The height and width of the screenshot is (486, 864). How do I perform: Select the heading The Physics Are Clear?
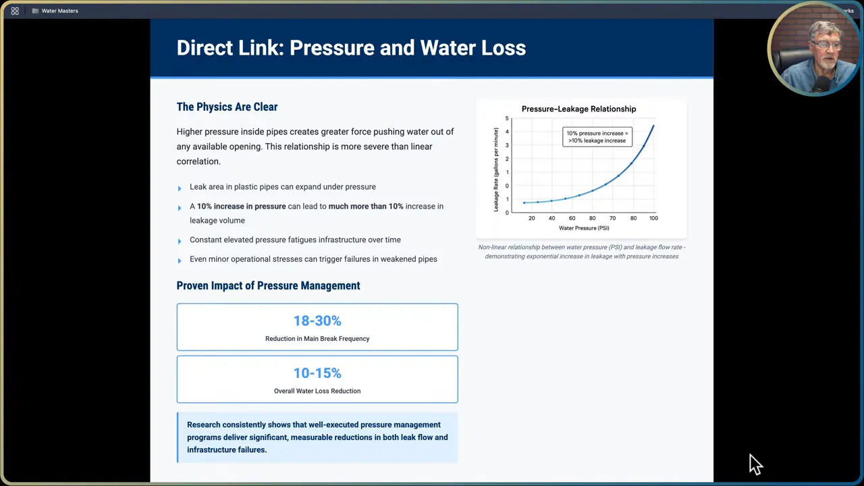227,107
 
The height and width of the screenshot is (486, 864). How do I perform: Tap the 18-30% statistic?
317,321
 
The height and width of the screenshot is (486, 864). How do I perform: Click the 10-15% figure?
317,373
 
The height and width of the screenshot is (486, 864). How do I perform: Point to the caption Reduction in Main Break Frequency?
317,338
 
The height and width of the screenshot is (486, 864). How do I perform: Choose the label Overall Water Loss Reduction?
317,391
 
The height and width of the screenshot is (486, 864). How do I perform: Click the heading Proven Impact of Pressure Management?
268,286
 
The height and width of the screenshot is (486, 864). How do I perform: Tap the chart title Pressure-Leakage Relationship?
578,109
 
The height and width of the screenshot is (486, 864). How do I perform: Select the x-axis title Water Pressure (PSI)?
583,228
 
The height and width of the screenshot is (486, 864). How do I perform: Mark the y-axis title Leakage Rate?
496,169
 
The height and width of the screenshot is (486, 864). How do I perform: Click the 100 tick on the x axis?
653,218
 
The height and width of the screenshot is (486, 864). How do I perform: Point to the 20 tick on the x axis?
532,218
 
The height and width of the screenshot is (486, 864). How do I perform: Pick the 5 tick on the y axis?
507,119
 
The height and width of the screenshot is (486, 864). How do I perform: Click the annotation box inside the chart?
597,136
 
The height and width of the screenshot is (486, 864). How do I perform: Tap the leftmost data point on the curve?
524,202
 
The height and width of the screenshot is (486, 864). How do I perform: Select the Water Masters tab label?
59,11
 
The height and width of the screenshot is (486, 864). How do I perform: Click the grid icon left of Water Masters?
15,11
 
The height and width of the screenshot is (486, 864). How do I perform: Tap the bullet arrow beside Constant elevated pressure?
180,241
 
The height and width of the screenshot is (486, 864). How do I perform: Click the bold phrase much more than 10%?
365,206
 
